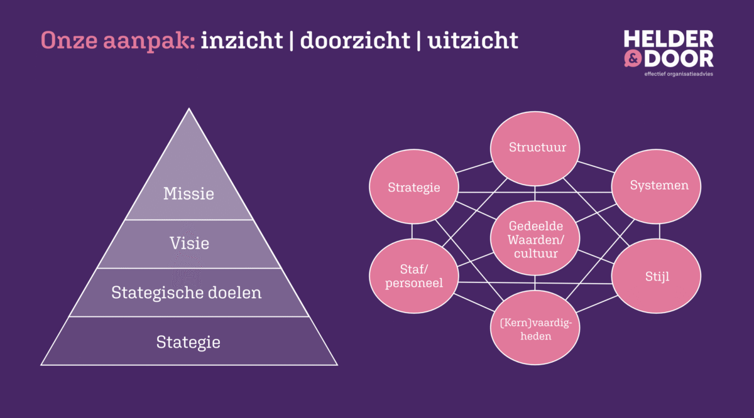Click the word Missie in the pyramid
click(188, 193)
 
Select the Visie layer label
click(188, 243)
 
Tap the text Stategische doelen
click(186, 292)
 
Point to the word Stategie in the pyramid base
click(188, 342)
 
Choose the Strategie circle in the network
click(413, 187)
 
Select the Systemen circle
click(659, 185)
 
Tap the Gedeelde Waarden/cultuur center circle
click(535, 240)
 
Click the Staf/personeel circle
click(413, 276)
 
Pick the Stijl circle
click(657, 276)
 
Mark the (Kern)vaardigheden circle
click(535, 328)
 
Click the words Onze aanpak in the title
click(118, 40)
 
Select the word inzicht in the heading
click(242, 40)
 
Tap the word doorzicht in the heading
click(354, 40)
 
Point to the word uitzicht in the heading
click(473, 40)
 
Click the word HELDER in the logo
click(668, 39)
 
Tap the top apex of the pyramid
click(189, 110)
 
